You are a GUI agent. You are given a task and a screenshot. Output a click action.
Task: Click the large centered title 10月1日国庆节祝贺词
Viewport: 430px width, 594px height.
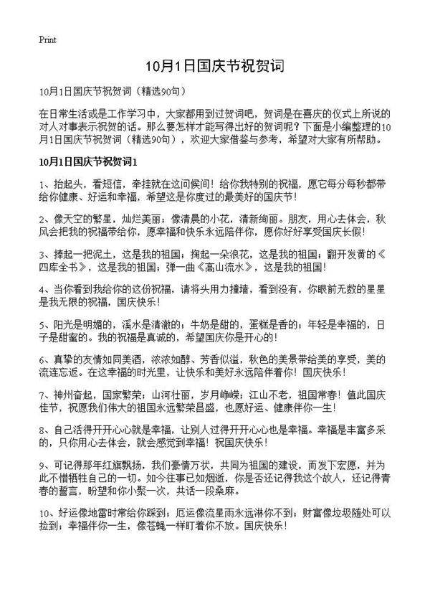pos(215,66)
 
